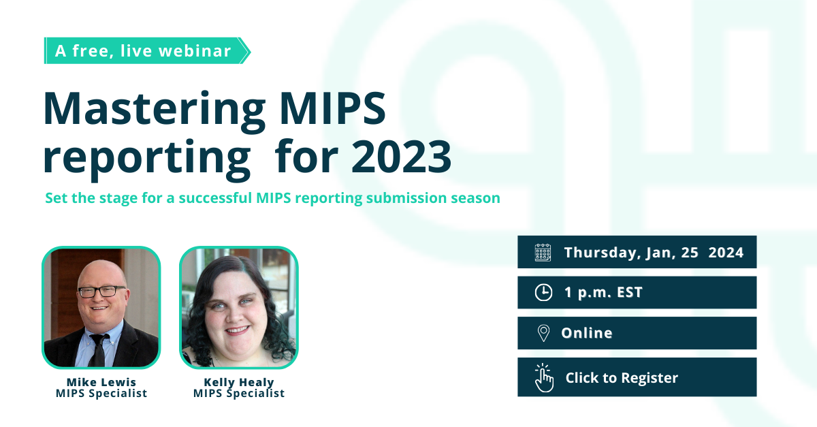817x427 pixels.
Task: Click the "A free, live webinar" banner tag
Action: tap(144, 51)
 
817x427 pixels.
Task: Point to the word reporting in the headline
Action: tap(146, 158)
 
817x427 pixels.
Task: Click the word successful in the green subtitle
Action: tap(210, 198)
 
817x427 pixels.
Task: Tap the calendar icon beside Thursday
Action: tap(543, 253)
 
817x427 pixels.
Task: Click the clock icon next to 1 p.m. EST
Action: tap(543, 293)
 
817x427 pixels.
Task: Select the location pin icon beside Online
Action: tap(543, 333)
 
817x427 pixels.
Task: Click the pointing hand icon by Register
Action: tap(544, 377)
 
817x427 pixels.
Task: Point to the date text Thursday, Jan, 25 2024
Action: tap(654, 253)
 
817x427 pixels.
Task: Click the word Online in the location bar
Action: tap(586, 333)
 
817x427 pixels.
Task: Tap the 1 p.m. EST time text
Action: tap(603, 293)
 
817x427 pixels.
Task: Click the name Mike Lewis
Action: tap(101, 381)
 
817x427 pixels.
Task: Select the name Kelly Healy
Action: tap(238, 381)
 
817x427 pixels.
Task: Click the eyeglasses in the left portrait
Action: tap(101, 291)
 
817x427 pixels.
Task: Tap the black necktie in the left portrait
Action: tap(99, 347)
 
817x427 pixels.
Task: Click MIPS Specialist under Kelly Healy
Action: tap(238, 394)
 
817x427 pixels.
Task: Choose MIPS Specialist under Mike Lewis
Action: tap(101, 394)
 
